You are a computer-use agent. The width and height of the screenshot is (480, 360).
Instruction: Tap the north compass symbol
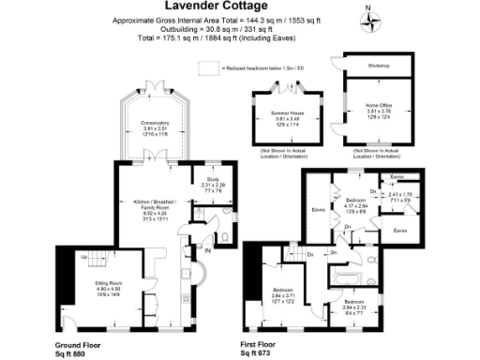pyautogui.click(x=370, y=21)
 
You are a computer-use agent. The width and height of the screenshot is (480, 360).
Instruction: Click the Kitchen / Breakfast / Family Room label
pyautogui.click(x=155, y=202)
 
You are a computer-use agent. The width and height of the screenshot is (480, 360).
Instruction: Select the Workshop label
pyautogui.click(x=378, y=66)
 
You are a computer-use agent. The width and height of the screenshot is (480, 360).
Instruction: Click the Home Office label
pyautogui.click(x=378, y=106)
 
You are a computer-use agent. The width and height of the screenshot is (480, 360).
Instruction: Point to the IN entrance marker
pyautogui.click(x=208, y=248)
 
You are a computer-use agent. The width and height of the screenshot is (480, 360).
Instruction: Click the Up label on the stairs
pyautogui.click(x=84, y=256)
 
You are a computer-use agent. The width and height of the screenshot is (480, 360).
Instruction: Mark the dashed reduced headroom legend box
pyautogui.click(x=207, y=68)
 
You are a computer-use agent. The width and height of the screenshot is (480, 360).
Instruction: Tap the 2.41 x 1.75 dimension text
pyautogui.click(x=398, y=193)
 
